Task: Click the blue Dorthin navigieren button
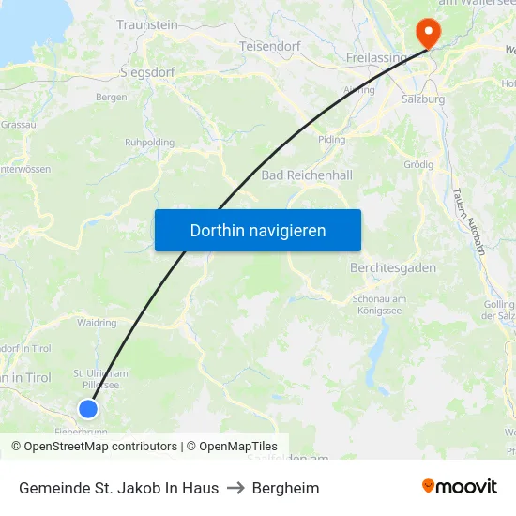pyautogui.click(x=258, y=230)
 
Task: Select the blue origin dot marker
pyautogui.click(x=88, y=408)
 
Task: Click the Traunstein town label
pyautogui.click(x=147, y=24)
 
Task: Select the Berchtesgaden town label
pyautogui.click(x=392, y=267)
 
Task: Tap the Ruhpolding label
pyautogui.click(x=150, y=143)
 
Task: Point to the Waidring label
pyautogui.click(x=97, y=323)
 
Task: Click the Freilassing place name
pyautogui.click(x=376, y=57)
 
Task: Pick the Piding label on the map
pyautogui.click(x=332, y=139)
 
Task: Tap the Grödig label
pyautogui.click(x=417, y=164)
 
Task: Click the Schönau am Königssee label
pyautogui.click(x=379, y=304)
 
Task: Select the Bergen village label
pyautogui.click(x=112, y=97)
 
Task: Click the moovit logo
pyautogui.click(x=459, y=487)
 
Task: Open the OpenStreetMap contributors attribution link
pyautogui.click(x=94, y=447)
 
